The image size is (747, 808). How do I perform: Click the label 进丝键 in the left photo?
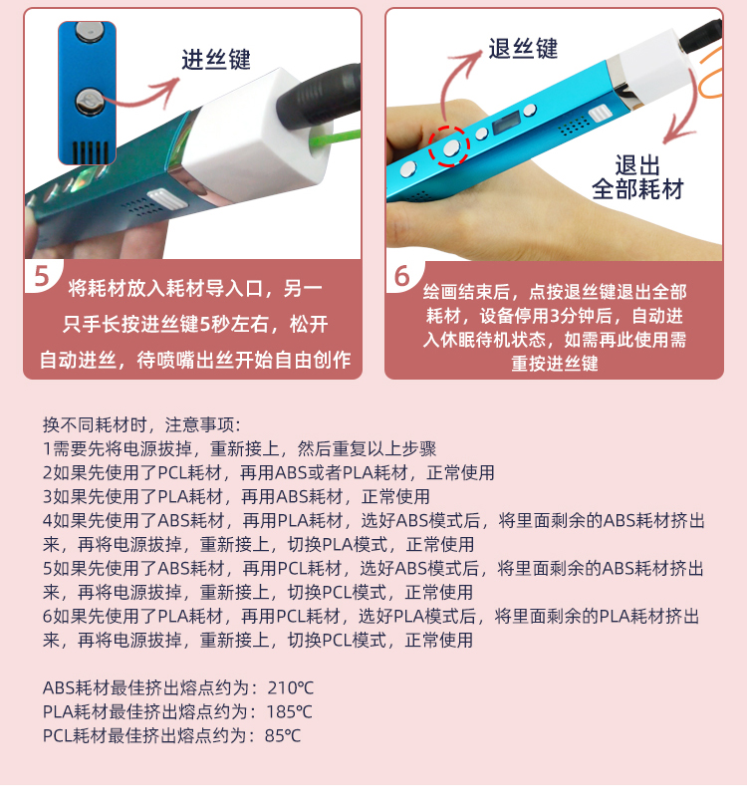(216, 60)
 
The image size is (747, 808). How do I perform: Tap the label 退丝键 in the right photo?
(523, 49)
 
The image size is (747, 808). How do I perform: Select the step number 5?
(41, 277)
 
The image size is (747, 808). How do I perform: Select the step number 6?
(401, 277)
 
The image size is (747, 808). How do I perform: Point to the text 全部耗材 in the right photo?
(637, 189)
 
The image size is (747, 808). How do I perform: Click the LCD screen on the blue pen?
(506, 124)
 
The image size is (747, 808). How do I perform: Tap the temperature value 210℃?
(291, 687)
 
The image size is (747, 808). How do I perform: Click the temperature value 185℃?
(290, 711)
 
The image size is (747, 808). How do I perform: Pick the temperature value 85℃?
(283, 735)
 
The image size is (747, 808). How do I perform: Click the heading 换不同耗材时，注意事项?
(139, 425)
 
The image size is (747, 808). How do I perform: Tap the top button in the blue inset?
(87, 32)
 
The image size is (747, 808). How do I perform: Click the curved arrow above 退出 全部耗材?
(689, 111)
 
